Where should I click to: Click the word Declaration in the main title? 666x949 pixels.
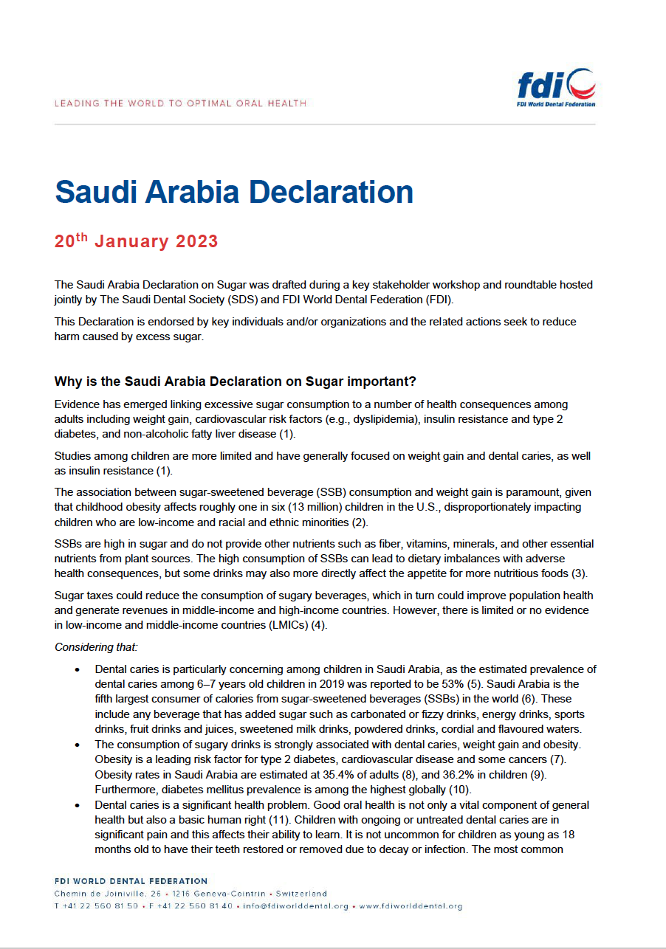pyautogui.click(x=330, y=192)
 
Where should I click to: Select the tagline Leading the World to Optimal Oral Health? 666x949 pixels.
pyautogui.click(x=180, y=103)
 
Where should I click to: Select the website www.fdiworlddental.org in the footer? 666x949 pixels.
pyautogui.click(x=411, y=906)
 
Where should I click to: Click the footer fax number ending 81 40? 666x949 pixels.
pyautogui.click(x=196, y=906)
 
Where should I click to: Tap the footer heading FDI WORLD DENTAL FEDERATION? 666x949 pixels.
pyautogui.click(x=131, y=881)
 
